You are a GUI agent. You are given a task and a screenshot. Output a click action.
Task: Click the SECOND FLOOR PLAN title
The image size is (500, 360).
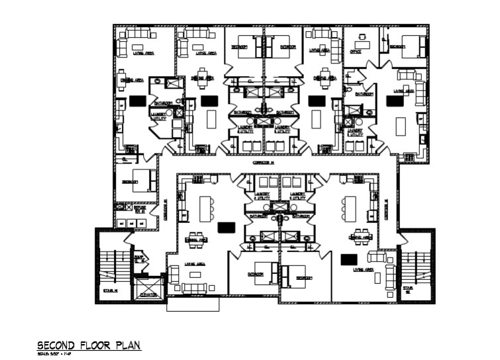(89, 345)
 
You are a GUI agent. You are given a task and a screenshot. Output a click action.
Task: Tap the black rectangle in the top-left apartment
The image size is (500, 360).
(137, 101)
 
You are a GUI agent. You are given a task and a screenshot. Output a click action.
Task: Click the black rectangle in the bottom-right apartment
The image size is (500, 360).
(349, 258)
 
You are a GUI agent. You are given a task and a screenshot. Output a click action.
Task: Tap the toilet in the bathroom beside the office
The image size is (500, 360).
(349, 87)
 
